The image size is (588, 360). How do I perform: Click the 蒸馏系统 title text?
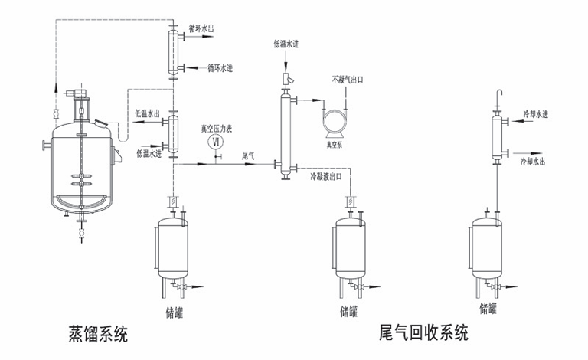coord(96,334)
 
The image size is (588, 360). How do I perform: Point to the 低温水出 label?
coord(147,114)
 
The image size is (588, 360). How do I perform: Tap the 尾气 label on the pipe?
coord(248,156)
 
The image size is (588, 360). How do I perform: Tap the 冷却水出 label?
coord(534,161)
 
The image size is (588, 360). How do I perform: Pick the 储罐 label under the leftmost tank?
coord(174,311)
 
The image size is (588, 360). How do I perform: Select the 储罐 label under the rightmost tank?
coord(488,309)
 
